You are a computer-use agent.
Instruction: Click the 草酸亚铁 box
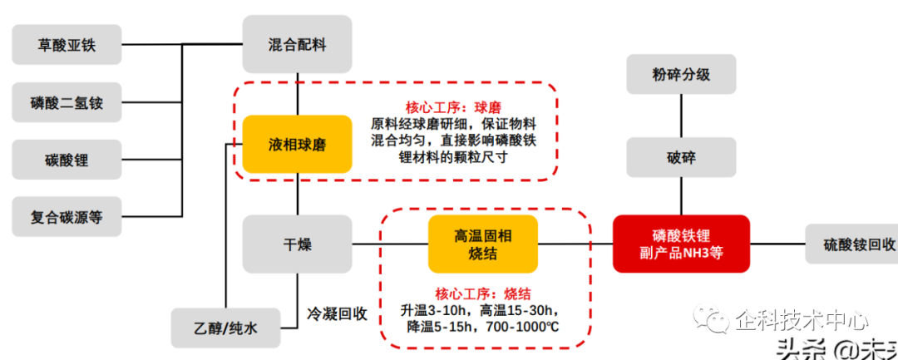click(67, 46)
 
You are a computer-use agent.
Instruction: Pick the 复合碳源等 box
click(67, 219)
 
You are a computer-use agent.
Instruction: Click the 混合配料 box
click(297, 46)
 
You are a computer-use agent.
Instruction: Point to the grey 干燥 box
click(297, 244)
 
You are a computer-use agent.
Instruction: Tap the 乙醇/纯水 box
click(226, 328)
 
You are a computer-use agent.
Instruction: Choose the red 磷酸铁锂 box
click(681, 244)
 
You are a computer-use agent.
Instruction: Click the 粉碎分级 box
click(681, 75)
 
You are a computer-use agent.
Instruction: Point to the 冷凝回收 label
click(337, 314)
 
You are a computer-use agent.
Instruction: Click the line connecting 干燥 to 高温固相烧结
click(390, 244)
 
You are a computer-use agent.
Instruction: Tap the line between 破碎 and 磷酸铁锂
click(681, 200)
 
